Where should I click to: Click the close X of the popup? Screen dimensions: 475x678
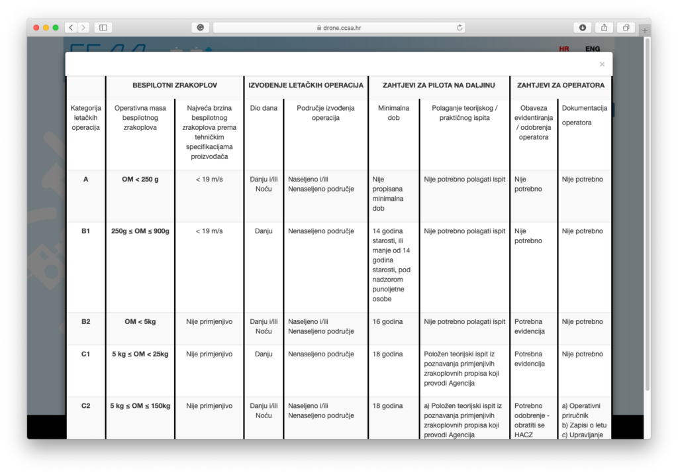(602, 64)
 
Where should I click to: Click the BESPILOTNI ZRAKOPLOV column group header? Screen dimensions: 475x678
(175, 85)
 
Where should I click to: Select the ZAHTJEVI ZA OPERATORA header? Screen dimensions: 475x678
(560, 85)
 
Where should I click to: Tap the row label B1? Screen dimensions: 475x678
(85, 231)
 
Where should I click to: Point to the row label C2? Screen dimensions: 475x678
(85, 406)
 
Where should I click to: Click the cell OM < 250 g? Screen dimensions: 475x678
(140, 179)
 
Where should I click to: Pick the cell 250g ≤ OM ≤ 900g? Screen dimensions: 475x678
(140, 231)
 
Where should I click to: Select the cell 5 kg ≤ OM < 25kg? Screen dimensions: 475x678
(140, 354)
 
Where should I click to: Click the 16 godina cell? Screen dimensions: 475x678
(387, 322)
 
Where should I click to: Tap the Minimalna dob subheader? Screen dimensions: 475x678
(393, 113)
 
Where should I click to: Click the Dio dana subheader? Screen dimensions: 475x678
(264, 108)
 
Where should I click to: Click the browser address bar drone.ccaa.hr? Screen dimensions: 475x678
(339, 28)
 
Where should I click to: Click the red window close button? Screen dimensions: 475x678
(36, 28)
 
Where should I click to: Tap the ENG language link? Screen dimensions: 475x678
(592, 49)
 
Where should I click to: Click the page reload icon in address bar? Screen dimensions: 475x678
(459, 28)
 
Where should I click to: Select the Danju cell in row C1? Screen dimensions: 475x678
(264, 354)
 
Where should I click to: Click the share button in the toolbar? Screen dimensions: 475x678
(604, 28)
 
